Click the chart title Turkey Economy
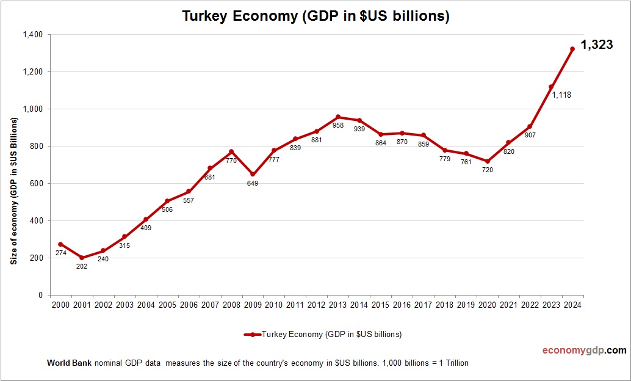(x=315, y=16)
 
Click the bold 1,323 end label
(x=596, y=45)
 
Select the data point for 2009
(x=253, y=174)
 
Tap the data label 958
(x=338, y=126)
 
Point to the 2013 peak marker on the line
(x=338, y=117)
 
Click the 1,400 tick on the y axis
(x=33, y=35)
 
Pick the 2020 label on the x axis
(x=487, y=305)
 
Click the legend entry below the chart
(x=323, y=335)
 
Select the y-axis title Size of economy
(x=13, y=191)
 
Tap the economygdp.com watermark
(x=584, y=350)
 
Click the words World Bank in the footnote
(x=69, y=363)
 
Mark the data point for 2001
(x=82, y=258)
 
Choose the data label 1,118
(x=561, y=95)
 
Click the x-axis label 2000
(x=60, y=305)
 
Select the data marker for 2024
(x=572, y=49)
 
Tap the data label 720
(x=487, y=170)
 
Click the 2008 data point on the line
(x=231, y=151)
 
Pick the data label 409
(x=146, y=228)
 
